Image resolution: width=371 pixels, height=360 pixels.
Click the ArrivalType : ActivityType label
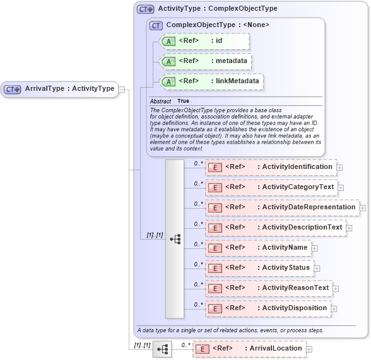(x=69, y=89)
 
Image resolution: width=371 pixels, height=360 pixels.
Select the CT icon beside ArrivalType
(x=13, y=90)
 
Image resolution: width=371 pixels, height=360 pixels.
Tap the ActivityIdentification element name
(x=297, y=166)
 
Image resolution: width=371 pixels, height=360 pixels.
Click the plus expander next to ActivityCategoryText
(x=341, y=187)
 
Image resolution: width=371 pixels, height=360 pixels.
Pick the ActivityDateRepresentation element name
(x=309, y=207)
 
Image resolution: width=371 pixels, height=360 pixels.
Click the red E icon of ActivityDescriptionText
(x=215, y=228)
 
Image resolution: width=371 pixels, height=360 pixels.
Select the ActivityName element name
(x=285, y=247)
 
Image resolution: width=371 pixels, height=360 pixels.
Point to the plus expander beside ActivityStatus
(x=317, y=268)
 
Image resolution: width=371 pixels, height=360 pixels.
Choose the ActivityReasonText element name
(x=295, y=287)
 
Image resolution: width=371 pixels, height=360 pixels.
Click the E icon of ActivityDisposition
(x=215, y=308)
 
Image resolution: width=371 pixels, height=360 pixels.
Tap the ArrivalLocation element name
(x=276, y=348)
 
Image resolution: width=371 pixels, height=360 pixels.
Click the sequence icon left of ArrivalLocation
(x=162, y=349)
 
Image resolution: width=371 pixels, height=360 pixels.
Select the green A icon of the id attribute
(x=168, y=42)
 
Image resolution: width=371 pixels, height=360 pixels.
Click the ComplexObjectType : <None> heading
(x=218, y=25)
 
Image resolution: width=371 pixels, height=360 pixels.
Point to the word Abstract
(x=160, y=101)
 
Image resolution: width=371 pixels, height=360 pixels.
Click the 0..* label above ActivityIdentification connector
(x=197, y=163)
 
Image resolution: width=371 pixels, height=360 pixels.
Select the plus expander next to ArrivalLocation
(x=309, y=349)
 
